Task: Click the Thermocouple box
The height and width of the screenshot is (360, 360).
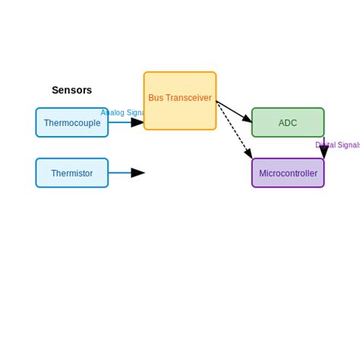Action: point(71,122)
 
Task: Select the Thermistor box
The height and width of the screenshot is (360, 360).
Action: point(71,173)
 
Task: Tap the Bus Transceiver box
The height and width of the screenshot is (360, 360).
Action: point(180,101)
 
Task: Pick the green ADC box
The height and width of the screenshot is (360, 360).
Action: point(288,122)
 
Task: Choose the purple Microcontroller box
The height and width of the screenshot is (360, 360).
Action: point(288,173)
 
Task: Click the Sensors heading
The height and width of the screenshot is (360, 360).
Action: point(71,90)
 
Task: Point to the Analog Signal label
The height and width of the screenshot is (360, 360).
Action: point(122,112)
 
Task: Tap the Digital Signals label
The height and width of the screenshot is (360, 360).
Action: point(338,145)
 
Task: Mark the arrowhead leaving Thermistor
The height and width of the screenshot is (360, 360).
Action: point(137,173)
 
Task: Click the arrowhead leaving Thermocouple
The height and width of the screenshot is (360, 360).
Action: point(137,122)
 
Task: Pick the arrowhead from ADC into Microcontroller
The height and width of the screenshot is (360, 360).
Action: point(324,152)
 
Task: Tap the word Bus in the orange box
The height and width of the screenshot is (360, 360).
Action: point(156,98)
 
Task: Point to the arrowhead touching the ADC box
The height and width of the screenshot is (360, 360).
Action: point(247,118)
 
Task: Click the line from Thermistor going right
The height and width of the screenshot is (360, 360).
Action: point(120,173)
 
